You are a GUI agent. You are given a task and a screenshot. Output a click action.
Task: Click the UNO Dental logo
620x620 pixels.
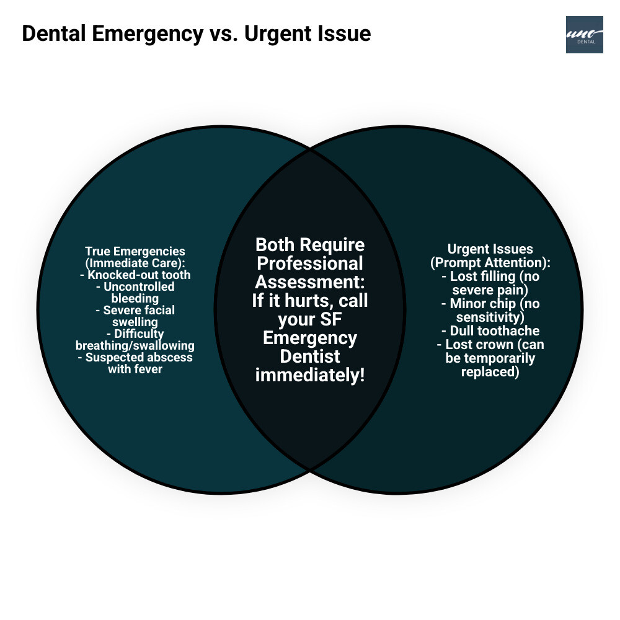click(584, 35)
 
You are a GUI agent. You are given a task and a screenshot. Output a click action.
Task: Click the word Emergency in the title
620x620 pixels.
click(144, 33)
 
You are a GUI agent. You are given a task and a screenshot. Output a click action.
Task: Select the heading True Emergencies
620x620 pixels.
click(135, 252)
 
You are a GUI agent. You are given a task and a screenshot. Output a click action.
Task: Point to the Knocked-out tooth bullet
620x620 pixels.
click(135, 275)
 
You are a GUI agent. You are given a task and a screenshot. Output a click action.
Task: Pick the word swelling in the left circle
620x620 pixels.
click(135, 322)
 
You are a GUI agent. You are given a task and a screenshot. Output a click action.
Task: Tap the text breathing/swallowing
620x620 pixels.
click(135, 345)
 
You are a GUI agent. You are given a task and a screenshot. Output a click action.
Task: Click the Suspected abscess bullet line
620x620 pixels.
click(135, 357)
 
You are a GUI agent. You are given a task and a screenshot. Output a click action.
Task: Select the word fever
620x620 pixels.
click(148, 369)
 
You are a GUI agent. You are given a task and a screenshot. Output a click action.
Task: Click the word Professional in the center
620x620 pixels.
click(310, 263)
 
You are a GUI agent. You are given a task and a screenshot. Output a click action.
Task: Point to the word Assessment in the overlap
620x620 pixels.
click(310, 282)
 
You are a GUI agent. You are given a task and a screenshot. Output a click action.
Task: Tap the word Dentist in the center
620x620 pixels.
click(310, 357)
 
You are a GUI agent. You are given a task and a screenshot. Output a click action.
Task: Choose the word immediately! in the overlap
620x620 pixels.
click(310, 376)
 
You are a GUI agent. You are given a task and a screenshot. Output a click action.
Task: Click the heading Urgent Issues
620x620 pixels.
click(490, 249)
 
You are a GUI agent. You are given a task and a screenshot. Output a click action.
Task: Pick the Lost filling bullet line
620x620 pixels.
click(490, 277)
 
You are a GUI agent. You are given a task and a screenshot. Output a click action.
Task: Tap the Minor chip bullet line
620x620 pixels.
click(490, 304)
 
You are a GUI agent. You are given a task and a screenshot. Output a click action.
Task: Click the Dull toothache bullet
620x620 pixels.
click(490, 331)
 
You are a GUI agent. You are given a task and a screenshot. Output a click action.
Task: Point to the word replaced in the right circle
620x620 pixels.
click(490, 372)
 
